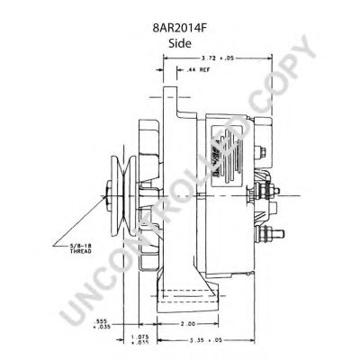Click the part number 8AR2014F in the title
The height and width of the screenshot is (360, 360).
(x=180, y=29)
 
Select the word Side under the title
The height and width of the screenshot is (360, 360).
(x=180, y=43)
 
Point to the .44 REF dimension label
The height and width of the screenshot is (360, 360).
(x=198, y=70)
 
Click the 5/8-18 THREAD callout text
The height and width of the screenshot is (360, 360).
(x=81, y=248)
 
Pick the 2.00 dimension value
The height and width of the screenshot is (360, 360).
(x=188, y=324)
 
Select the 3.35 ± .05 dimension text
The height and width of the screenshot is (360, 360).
(x=206, y=340)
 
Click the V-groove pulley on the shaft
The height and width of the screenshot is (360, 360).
(x=123, y=196)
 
